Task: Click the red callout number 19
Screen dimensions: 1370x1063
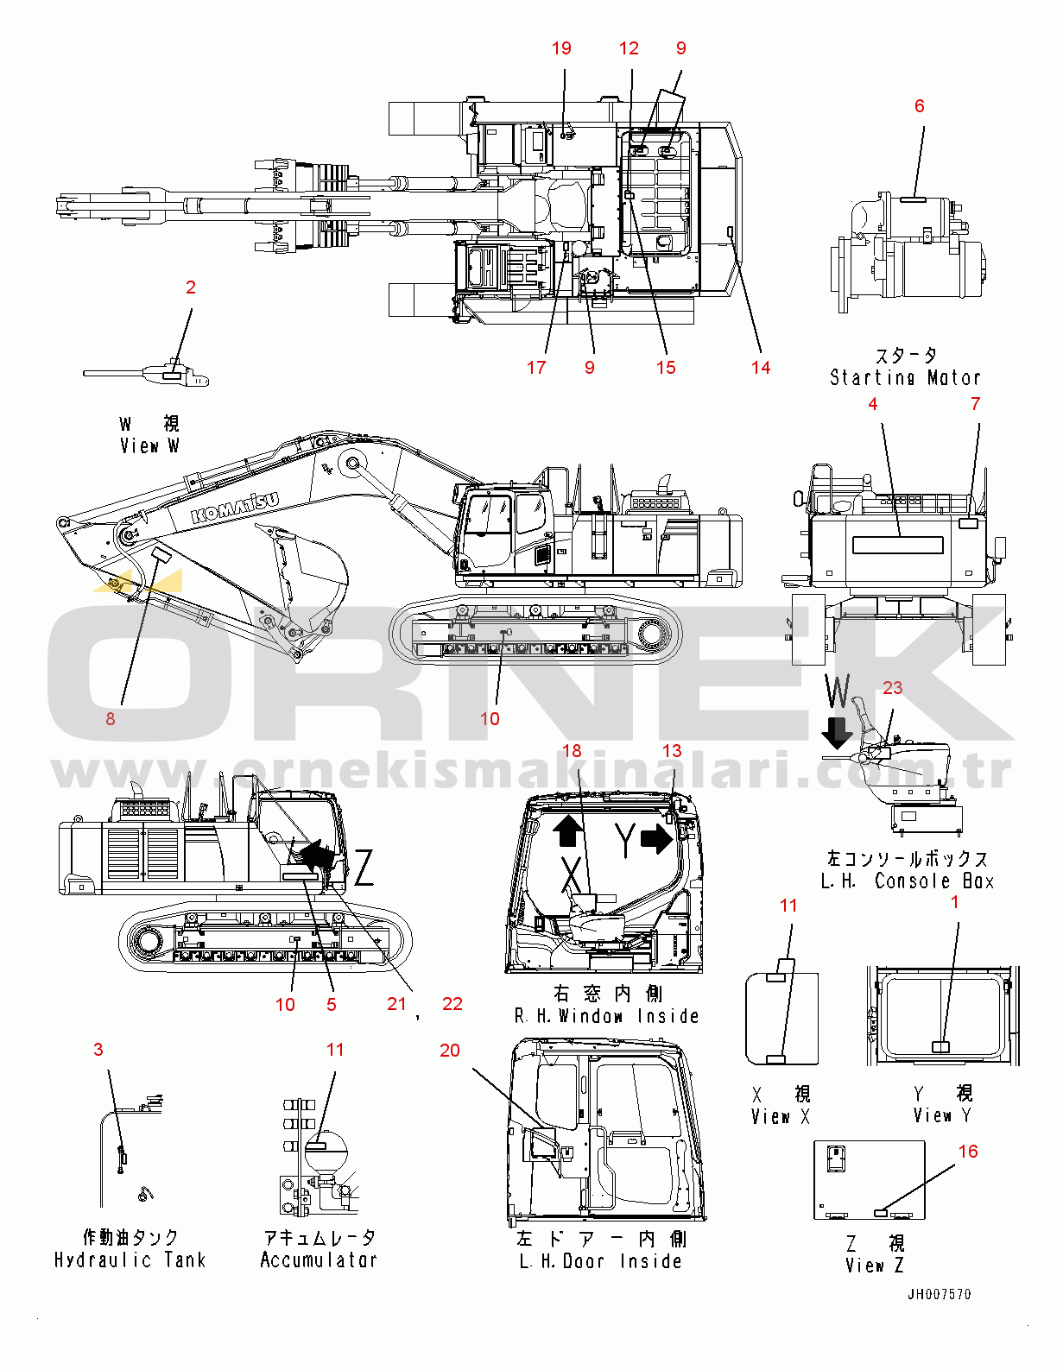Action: coord(561,48)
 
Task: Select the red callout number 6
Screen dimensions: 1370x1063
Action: coord(919,105)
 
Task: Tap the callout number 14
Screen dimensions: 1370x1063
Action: coord(760,368)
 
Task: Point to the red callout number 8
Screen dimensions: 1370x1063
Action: coord(110,718)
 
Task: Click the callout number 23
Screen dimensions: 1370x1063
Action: coord(892,688)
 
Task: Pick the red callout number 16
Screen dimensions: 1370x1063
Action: coord(968,1152)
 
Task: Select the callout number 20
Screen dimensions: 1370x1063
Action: coord(450,1050)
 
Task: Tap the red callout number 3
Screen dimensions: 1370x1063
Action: coord(98,1049)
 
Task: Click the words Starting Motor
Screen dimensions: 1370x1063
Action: coord(905,377)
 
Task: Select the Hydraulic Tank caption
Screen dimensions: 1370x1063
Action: coord(130,1260)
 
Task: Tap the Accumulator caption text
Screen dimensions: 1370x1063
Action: coord(319,1260)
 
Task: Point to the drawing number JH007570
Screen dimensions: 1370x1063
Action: coord(939,1294)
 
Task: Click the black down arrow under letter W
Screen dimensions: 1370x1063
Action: coord(836,734)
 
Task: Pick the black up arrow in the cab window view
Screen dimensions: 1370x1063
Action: coord(567,830)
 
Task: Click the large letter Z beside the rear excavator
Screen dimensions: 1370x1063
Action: coord(364,868)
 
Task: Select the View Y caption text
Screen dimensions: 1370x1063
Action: coord(942,1115)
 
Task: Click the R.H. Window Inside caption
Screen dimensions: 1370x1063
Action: coord(606,1016)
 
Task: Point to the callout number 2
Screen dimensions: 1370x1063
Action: coord(191,287)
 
